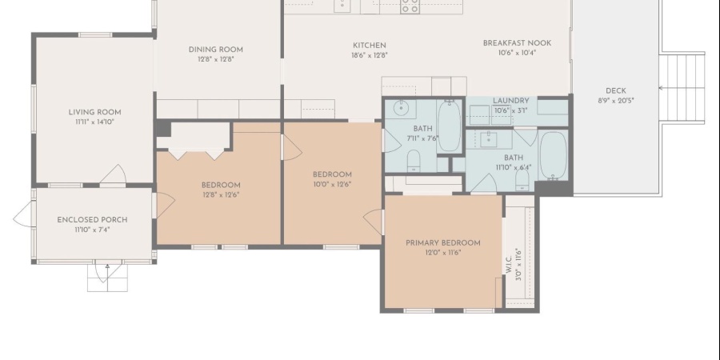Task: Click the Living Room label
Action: (x=94, y=112)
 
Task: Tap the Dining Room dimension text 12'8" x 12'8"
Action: (x=214, y=59)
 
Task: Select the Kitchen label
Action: (x=369, y=46)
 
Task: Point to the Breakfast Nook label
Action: (x=517, y=43)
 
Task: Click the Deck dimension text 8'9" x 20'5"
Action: (x=616, y=101)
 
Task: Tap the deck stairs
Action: (x=682, y=88)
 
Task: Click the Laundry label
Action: (x=511, y=101)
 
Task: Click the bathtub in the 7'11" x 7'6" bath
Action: (x=449, y=126)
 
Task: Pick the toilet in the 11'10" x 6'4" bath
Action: (x=523, y=179)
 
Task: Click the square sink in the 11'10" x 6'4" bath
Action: (x=488, y=139)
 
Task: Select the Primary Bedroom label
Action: (x=443, y=243)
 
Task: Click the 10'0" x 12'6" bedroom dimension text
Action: (x=332, y=185)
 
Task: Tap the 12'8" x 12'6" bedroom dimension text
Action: (x=221, y=194)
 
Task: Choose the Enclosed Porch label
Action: (x=92, y=220)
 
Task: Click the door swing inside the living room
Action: (x=113, y=174)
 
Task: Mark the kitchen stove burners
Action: (x=410, y=6)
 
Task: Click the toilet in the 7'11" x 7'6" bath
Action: (x=414, y=161)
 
